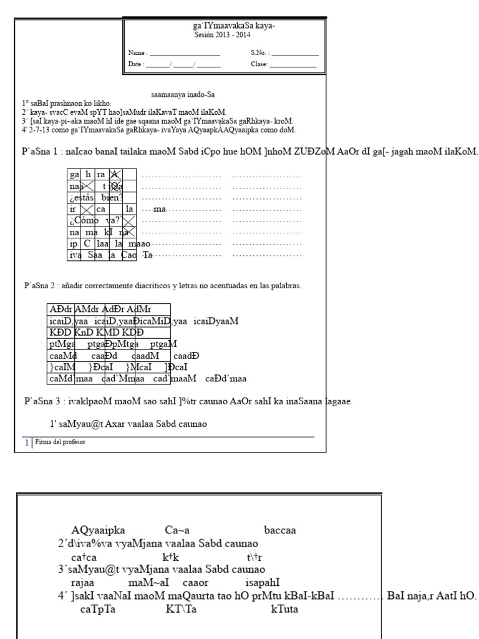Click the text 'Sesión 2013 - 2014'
[222, 36]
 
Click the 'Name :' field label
[138, 54]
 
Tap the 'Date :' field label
[137, 64]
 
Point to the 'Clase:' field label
[259, 64]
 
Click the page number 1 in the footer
[26, 442]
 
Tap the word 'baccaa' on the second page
[280, 530]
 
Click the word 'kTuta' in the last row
[284, 609]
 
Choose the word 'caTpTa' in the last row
[94, 609]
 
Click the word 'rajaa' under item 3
[82, 582]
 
